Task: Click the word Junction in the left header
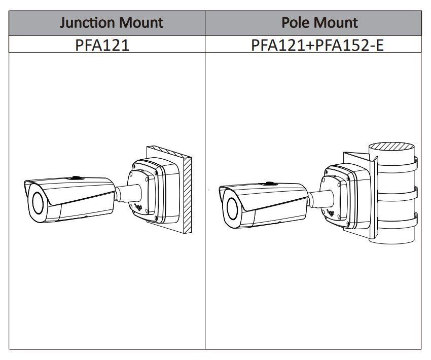pos(87,23)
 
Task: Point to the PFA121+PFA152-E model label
pos(317,45)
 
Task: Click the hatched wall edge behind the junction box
pos(188,193)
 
